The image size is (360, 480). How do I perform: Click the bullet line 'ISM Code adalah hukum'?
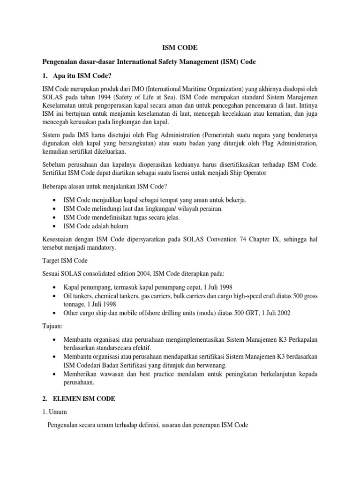(x=95, y=226)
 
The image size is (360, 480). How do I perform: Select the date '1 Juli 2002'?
(x=274, y=313)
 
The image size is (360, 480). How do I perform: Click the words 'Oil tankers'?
(x=79, y=295)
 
